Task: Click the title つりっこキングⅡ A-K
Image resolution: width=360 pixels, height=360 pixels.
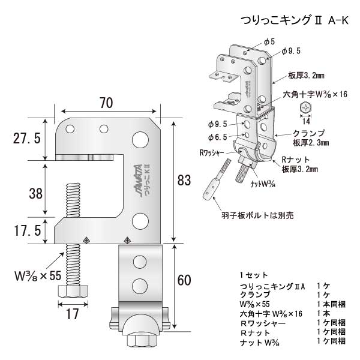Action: point(293,20)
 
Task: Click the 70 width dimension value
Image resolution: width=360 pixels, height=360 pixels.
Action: point(106,103)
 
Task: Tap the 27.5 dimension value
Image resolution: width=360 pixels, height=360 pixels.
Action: point(27,139)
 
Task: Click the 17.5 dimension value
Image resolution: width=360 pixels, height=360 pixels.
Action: point(27,230)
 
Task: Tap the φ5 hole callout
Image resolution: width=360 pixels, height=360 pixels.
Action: point(269,41)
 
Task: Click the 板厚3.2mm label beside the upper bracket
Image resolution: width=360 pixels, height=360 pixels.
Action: point(301,76)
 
